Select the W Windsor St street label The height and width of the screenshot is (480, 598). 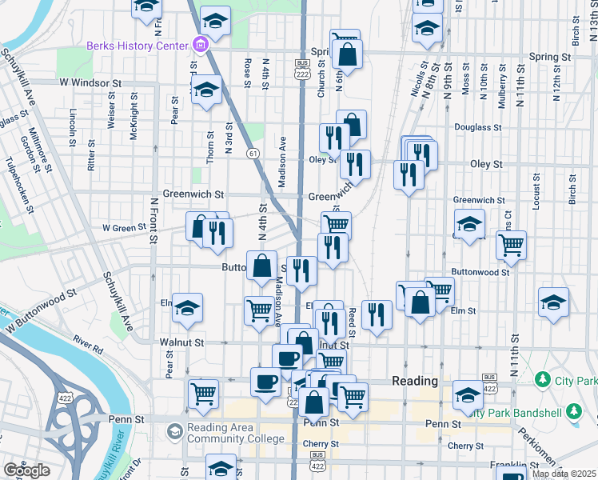(89, 82)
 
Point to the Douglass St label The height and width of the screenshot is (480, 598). (477, 126)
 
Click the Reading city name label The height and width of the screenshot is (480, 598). (415, 381)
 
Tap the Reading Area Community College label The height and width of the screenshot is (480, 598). (236, 433)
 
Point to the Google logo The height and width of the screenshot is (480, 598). (26, 470)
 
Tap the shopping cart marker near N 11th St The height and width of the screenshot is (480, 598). (511, 245)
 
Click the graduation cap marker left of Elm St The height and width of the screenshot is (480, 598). (187, 306)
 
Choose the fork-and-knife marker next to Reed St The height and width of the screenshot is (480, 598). (376, 314)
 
